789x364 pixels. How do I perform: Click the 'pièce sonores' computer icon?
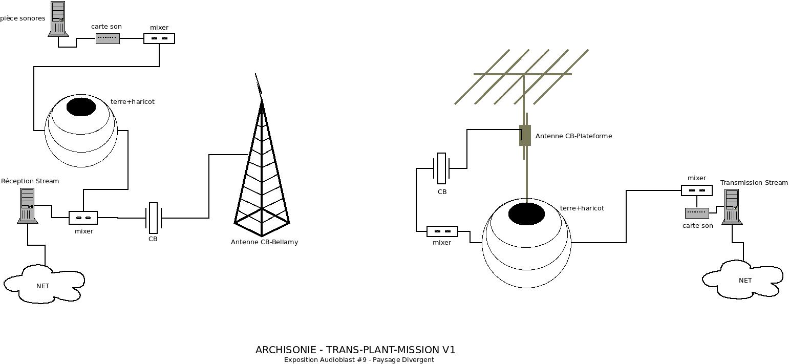tap(58, 18)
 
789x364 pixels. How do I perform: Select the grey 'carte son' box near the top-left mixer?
tap(108, 38)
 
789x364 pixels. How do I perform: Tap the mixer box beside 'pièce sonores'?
tap(159, 38)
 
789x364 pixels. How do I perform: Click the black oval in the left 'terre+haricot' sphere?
tap(81, 107)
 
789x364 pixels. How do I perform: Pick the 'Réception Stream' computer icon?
tap(27, 205)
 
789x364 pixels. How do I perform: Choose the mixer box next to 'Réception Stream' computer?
tap(83, 218)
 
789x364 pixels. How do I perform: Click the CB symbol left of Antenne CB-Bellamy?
tap(153, 218)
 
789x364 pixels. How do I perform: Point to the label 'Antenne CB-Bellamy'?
tap(264, 242)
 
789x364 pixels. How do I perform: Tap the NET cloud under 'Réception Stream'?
tap(44, 284)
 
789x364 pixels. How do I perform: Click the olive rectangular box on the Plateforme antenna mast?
tap(525, 135)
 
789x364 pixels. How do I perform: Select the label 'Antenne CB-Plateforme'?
tap(573, 136)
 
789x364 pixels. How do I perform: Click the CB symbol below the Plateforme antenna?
tap(441, 168)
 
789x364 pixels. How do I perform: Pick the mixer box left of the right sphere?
tap(442, 231)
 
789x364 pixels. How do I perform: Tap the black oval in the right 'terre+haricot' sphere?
tap(526, 213)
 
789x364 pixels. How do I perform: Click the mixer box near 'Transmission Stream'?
tap(696, 190)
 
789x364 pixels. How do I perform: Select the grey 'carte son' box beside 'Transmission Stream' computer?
tap(697, 213)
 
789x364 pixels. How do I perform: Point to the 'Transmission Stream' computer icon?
tap(732, 206)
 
